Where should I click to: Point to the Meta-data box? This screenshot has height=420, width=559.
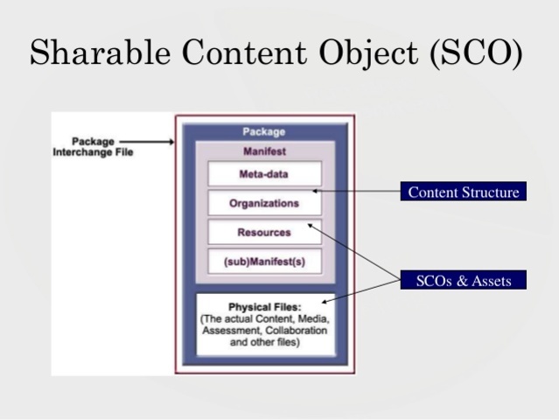point(264,174)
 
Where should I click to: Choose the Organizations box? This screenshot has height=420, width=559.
point(264,204)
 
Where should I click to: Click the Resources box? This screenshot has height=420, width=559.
point(264,233)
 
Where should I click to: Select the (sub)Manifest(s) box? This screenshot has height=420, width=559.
point(264,262)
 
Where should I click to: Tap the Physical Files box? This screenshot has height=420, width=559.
point(264,325)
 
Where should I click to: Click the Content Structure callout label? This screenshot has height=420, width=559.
point(464,192)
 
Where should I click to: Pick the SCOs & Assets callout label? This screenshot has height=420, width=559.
point(464,281)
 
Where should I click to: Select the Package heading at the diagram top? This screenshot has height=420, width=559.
point(264,132)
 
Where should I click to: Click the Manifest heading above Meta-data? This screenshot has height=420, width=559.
point(264,151)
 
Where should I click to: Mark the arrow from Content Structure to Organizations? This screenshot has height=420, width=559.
point(359,191)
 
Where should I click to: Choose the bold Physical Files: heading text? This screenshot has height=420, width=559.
point(264,307)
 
